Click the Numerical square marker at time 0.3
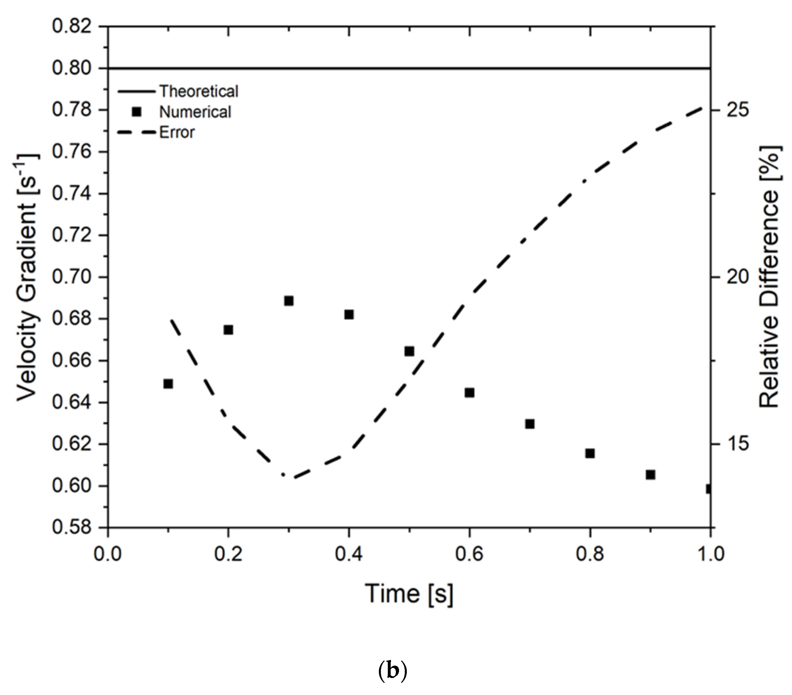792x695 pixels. click(x=289, y=301)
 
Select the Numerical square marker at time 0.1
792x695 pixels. click(x=168, y=384)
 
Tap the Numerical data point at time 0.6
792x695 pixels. click(x=469, y=393)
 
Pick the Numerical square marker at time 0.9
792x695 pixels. click(x=650, y=474)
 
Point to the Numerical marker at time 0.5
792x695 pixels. click(x=409, y=351)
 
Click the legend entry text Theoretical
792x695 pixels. click(x=199, y=92)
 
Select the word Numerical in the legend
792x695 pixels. click(x=195, y=112)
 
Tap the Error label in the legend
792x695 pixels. click(x=177, y=132)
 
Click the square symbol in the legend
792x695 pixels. click(x=136, y=112)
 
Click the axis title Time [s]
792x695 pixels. click(x=409, y=593)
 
